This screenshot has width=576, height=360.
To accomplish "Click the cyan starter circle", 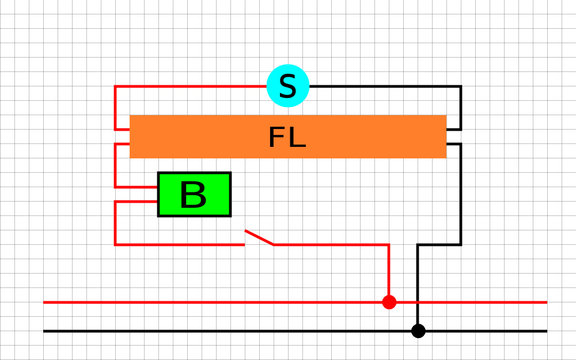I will click(x=288, y=86).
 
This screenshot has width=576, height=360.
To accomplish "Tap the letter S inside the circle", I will click(x=288, y=87).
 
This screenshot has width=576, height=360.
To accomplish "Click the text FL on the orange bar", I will click(x=287, y=138).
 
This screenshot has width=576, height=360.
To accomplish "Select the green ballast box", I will click(x=194, y=194).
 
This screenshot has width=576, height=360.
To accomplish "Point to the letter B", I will click(x=193, y=195).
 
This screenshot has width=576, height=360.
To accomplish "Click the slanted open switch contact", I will click(x=259, y=237).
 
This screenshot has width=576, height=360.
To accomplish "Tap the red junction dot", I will click(x=389, y=302).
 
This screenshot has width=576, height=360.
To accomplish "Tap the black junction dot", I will click(x=418, y=330).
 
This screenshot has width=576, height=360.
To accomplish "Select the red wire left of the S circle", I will click(x=190, y=86).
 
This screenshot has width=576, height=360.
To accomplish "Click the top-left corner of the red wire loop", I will click(x=116, y=87).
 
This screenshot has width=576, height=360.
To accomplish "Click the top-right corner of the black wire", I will click(x=460, y=87).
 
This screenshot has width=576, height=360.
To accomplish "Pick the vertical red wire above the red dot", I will click(x=389, y=270).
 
